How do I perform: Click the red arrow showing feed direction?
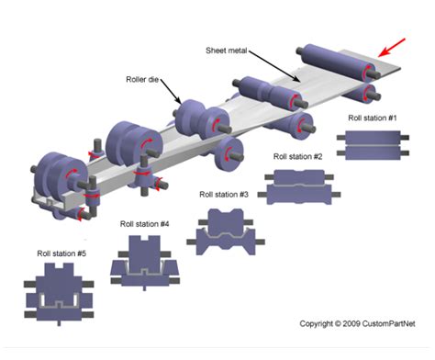pyautogui.click(x=392, y=48)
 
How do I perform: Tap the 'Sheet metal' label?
pyautogui.click(x=226, y=51)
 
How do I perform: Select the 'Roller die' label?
pyautogui.click(x=142, y=79)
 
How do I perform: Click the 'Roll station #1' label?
pyautogui.click(x=373, y=118)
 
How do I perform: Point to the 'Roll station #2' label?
pyautogui.click(x=297, y=156)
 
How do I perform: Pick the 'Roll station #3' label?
pyautogui.click(x=224, y=195)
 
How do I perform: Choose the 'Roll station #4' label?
pyautogui.click(x=144, y=224)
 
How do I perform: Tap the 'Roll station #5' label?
pyautogui.click(x=61, y=253)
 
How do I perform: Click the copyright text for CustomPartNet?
pyautogui.click(x=357, y=323)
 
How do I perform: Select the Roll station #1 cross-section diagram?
pyautogui.click(x=373, y=145)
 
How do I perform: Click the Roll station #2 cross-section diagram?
pyautogui.click(x=299, y=186)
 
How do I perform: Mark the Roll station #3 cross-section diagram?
pyautogui.click(x=226, y=231)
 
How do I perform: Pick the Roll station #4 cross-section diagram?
pyautogui.click(x=145, y=263)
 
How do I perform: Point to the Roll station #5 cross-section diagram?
pyautogui.click(x=59, y=294)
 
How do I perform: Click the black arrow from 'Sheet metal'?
pyautogui.click(x=274, y=66)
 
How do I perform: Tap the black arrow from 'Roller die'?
pyautogui.click(x=171, y=91)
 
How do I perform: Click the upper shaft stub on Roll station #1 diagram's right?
pyautogui.click(x=405, y=138)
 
